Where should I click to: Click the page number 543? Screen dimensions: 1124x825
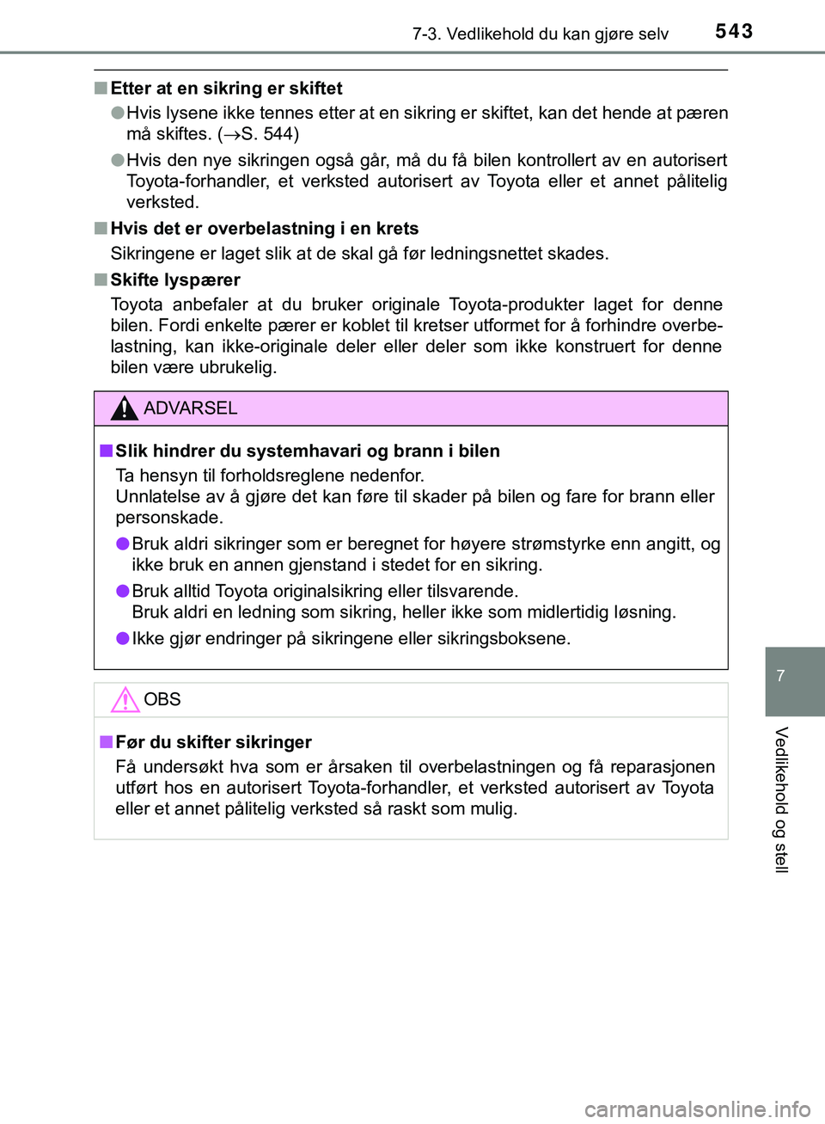pyautogui.click(x=734, y=32)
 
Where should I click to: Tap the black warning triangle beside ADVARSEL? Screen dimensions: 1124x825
pyautogui.click(x=125, y=408)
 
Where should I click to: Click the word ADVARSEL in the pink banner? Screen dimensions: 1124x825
pyautogui.click(x=191, y=408)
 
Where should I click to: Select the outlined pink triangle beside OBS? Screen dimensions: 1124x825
pyautogui.click(x=125, y=700)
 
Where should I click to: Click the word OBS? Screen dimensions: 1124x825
pyautogui.click(x=162, y=699)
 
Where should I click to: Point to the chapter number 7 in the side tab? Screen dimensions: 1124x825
pyautogui.click(x=780, y=676)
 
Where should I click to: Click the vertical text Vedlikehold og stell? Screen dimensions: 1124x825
pyautogui.click(x=780, y=800)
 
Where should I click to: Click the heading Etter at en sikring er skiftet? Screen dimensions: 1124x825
pyautogui.click(x=226, y=89)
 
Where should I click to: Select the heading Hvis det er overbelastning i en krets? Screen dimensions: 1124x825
pyautogui.click(x=265, y=229)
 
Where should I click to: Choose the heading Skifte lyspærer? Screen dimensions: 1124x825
pyautogui.click(x=175, y=280)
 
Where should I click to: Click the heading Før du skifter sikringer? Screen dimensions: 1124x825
pyautogui.click(x=213, y=742)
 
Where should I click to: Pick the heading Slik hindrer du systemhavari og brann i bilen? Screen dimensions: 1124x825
pyautogui.click(x=308, y=451)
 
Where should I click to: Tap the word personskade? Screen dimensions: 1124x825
pyautogui.click(x=169, y=518)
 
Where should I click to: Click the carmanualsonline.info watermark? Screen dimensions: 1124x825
pyautogui.click(x=697, y=1109)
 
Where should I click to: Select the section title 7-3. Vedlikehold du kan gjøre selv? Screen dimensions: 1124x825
pyautogui.click(x=540, y=34)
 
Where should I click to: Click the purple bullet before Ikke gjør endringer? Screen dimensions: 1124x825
pyautogui.click(x=123, y=638)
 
